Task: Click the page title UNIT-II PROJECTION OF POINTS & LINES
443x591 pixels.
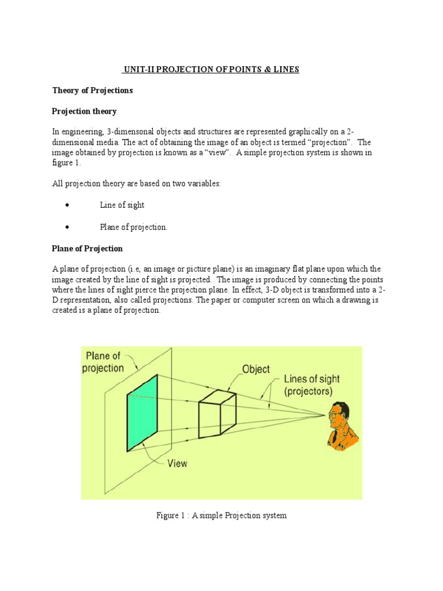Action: [x=211, y=70]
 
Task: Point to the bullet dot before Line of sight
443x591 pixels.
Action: [x=68, y=205]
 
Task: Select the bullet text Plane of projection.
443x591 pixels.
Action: [x=133, y=227]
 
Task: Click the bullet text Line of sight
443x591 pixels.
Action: [x=122, y=205]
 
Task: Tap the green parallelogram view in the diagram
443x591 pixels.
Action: [x=142, y=412]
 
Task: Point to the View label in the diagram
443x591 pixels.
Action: [x=177, y=463]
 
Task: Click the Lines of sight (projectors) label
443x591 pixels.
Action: [x=311, y=386]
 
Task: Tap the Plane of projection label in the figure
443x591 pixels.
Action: [x=104, y=362]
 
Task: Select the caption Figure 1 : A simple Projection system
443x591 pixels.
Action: [x=221, y=515]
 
